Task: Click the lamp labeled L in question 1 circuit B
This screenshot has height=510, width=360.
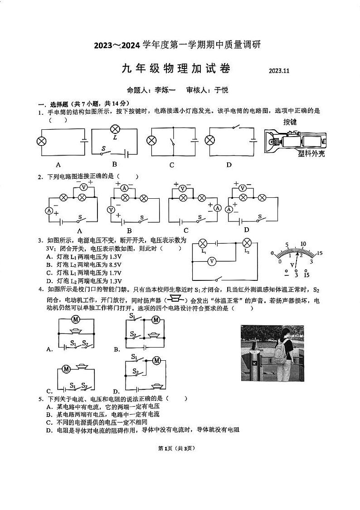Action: (114, 130)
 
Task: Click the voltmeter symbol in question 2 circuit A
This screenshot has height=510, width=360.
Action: (83, 187)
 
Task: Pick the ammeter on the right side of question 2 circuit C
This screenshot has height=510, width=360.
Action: (217, 208)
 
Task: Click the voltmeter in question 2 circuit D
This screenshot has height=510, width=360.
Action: (243, 188)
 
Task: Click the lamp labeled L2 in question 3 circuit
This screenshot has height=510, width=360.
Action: (247, 242)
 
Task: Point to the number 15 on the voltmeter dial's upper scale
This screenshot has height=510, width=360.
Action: (319, 253)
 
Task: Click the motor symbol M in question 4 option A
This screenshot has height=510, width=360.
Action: (76, 319)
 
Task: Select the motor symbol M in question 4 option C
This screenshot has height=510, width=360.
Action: (66, 369)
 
